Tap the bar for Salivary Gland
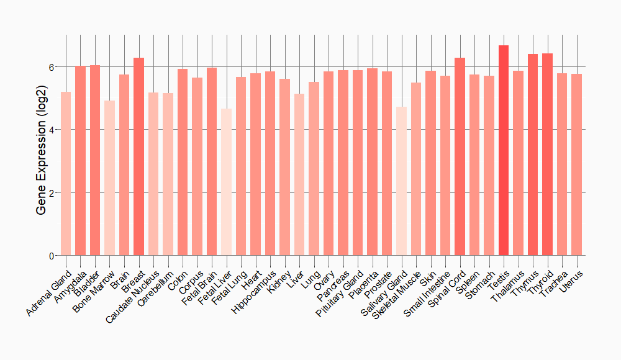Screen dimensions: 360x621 [401, 181]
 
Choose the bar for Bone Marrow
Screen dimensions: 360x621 [110, 178]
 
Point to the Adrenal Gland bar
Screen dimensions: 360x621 [66, 174]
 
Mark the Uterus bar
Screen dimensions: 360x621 [576, 164]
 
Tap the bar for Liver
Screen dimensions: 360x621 [299, 174]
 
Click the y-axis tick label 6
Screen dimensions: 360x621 [52, 66]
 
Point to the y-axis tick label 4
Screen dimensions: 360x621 [52, 130]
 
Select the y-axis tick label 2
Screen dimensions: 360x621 [52, 192]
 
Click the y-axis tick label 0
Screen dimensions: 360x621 [52, 256]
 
